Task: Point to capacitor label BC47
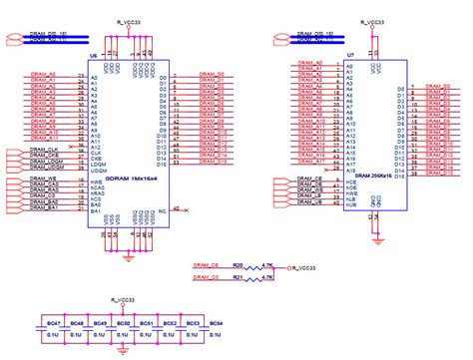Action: coord(55,324)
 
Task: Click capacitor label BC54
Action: coord(217,324)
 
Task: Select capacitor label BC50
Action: coord(124,324)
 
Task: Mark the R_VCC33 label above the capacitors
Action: coord(123,298)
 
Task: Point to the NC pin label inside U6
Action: coord(163,210)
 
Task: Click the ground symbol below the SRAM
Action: coord(380,212)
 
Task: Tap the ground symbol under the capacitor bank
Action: coord(123,350)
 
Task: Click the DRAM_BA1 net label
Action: coord(44,208)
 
